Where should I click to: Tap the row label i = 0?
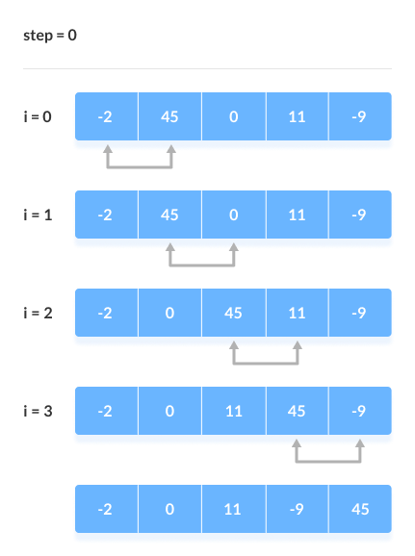(x=39, y=116)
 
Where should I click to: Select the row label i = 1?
(x=39, y=215)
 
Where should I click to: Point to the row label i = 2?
(x=39, y=313)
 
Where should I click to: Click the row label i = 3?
(x=39, y=411)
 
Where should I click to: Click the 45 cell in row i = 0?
(x=169, y=116)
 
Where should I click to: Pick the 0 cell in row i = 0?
(x=233, y=116)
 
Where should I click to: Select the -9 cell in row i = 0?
(x=358, y=116)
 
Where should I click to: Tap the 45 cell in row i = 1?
(x=169, y=215)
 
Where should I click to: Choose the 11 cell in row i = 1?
(x=297, y=215)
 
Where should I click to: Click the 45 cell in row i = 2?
(x=233, y=313)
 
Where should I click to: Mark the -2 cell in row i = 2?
(x=106, y=313)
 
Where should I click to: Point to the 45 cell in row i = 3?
(x=297, y=411)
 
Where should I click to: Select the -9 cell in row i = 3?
(x=358, y=411)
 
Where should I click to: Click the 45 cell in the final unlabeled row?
(x=358, y=509)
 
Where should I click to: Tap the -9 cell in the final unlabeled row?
(x=297, y=509)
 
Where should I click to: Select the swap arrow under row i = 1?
(x=202, y=264)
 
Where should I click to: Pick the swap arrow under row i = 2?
(x=266, y=362)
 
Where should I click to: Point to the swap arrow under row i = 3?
(x=328, y=460)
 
